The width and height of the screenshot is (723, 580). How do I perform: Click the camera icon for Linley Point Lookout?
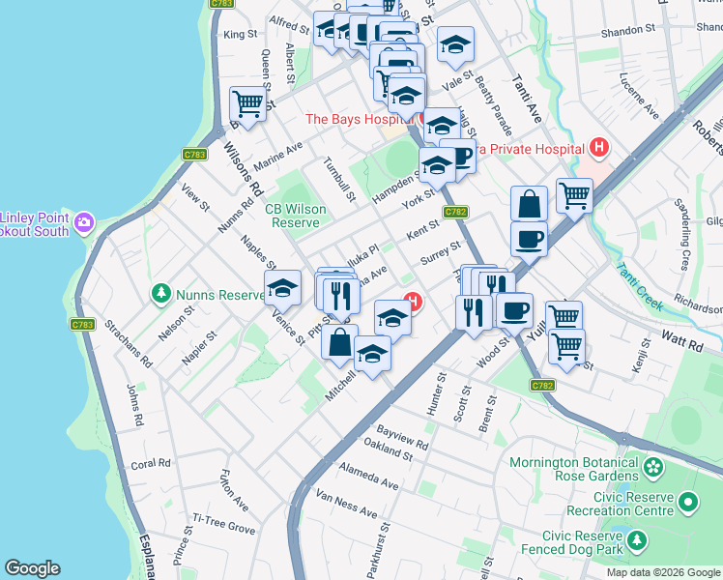[85, 223]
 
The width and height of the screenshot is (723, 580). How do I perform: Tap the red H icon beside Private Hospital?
[599, 148]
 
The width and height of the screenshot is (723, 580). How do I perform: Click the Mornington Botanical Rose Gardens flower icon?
[654, 468]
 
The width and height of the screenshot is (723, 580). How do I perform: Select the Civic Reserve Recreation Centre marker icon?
[688, 502]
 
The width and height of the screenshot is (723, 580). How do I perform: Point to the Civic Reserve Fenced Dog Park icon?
[637, 538]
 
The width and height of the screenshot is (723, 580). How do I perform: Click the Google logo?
[32, 568]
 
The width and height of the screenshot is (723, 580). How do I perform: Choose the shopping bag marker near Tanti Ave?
[529, 204]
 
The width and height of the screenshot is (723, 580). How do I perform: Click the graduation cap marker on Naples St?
[282, 288]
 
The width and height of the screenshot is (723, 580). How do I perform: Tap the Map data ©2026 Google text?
[662, 572]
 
